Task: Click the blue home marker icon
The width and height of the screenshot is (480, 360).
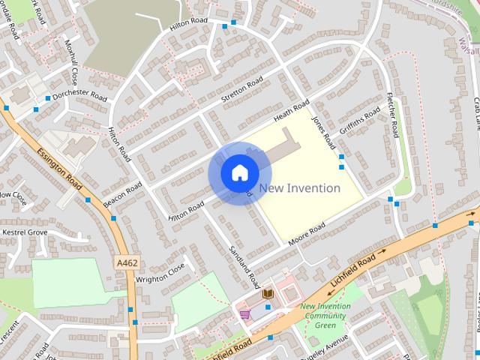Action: click(x=239, y=173)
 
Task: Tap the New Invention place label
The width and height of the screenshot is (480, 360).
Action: click(x=299, y=188)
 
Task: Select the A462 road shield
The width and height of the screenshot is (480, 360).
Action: click(x=127, y=262)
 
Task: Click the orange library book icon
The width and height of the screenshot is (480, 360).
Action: click(x=268, y=292)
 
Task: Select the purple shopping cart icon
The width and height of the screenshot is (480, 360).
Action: click(x=244, y=313)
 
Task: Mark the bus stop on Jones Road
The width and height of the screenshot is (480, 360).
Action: click(x=342, y=157)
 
